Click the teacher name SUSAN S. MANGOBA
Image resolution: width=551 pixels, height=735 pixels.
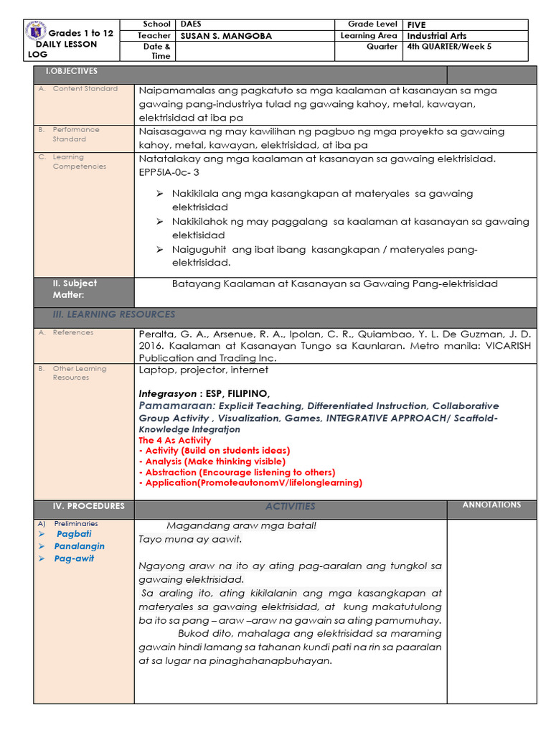point(226,36)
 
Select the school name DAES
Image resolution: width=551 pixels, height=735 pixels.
point(191,24)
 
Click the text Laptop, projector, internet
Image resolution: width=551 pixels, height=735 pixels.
point(204,370)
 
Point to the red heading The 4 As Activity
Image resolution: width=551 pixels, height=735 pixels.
point(174,440)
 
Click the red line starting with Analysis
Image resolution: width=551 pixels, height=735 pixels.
point(215,462)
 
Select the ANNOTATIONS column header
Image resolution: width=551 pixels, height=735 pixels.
point(491,505)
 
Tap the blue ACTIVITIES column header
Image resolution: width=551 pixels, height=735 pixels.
point(290,506)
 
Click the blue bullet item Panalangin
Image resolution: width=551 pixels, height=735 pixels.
point(79,546)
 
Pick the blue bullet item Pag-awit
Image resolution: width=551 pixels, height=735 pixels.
point(74,558)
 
